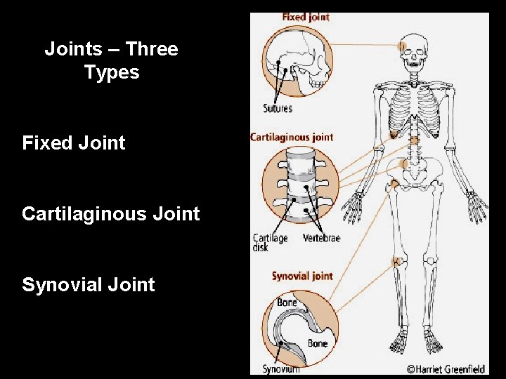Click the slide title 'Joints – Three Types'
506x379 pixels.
pyautogui.click(x=111, y=60)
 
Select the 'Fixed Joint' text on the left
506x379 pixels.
pyautogui.click(x=74, y=143)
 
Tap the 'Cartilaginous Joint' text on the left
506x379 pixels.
pyautogui.click(x=111, y=213)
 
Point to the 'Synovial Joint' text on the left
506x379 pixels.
pyautogui.click(x=89, y=284)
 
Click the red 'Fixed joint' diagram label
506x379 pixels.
pyautogui.click(x=306, y=17)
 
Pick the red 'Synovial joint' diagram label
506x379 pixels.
pyautogui.click(x=302, y=276)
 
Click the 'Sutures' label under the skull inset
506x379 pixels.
pyautogui.click(x=278, y=109)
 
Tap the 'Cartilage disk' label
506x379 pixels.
pyautogui.click(x=270, y=243)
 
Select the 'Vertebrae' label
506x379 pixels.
pyautogui.click(x=321, y=239)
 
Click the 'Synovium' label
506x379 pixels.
pyautogui.click(x=280, y=368)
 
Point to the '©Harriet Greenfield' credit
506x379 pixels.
pyautogui.click(x=447, y=368)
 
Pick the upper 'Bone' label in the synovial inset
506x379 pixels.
pyautogui.click(x=287, y=302)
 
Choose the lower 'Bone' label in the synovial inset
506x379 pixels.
pyautogui.click(x=317, y=343)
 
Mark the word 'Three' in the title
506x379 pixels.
pyautogui.click(x=154, y=49)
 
